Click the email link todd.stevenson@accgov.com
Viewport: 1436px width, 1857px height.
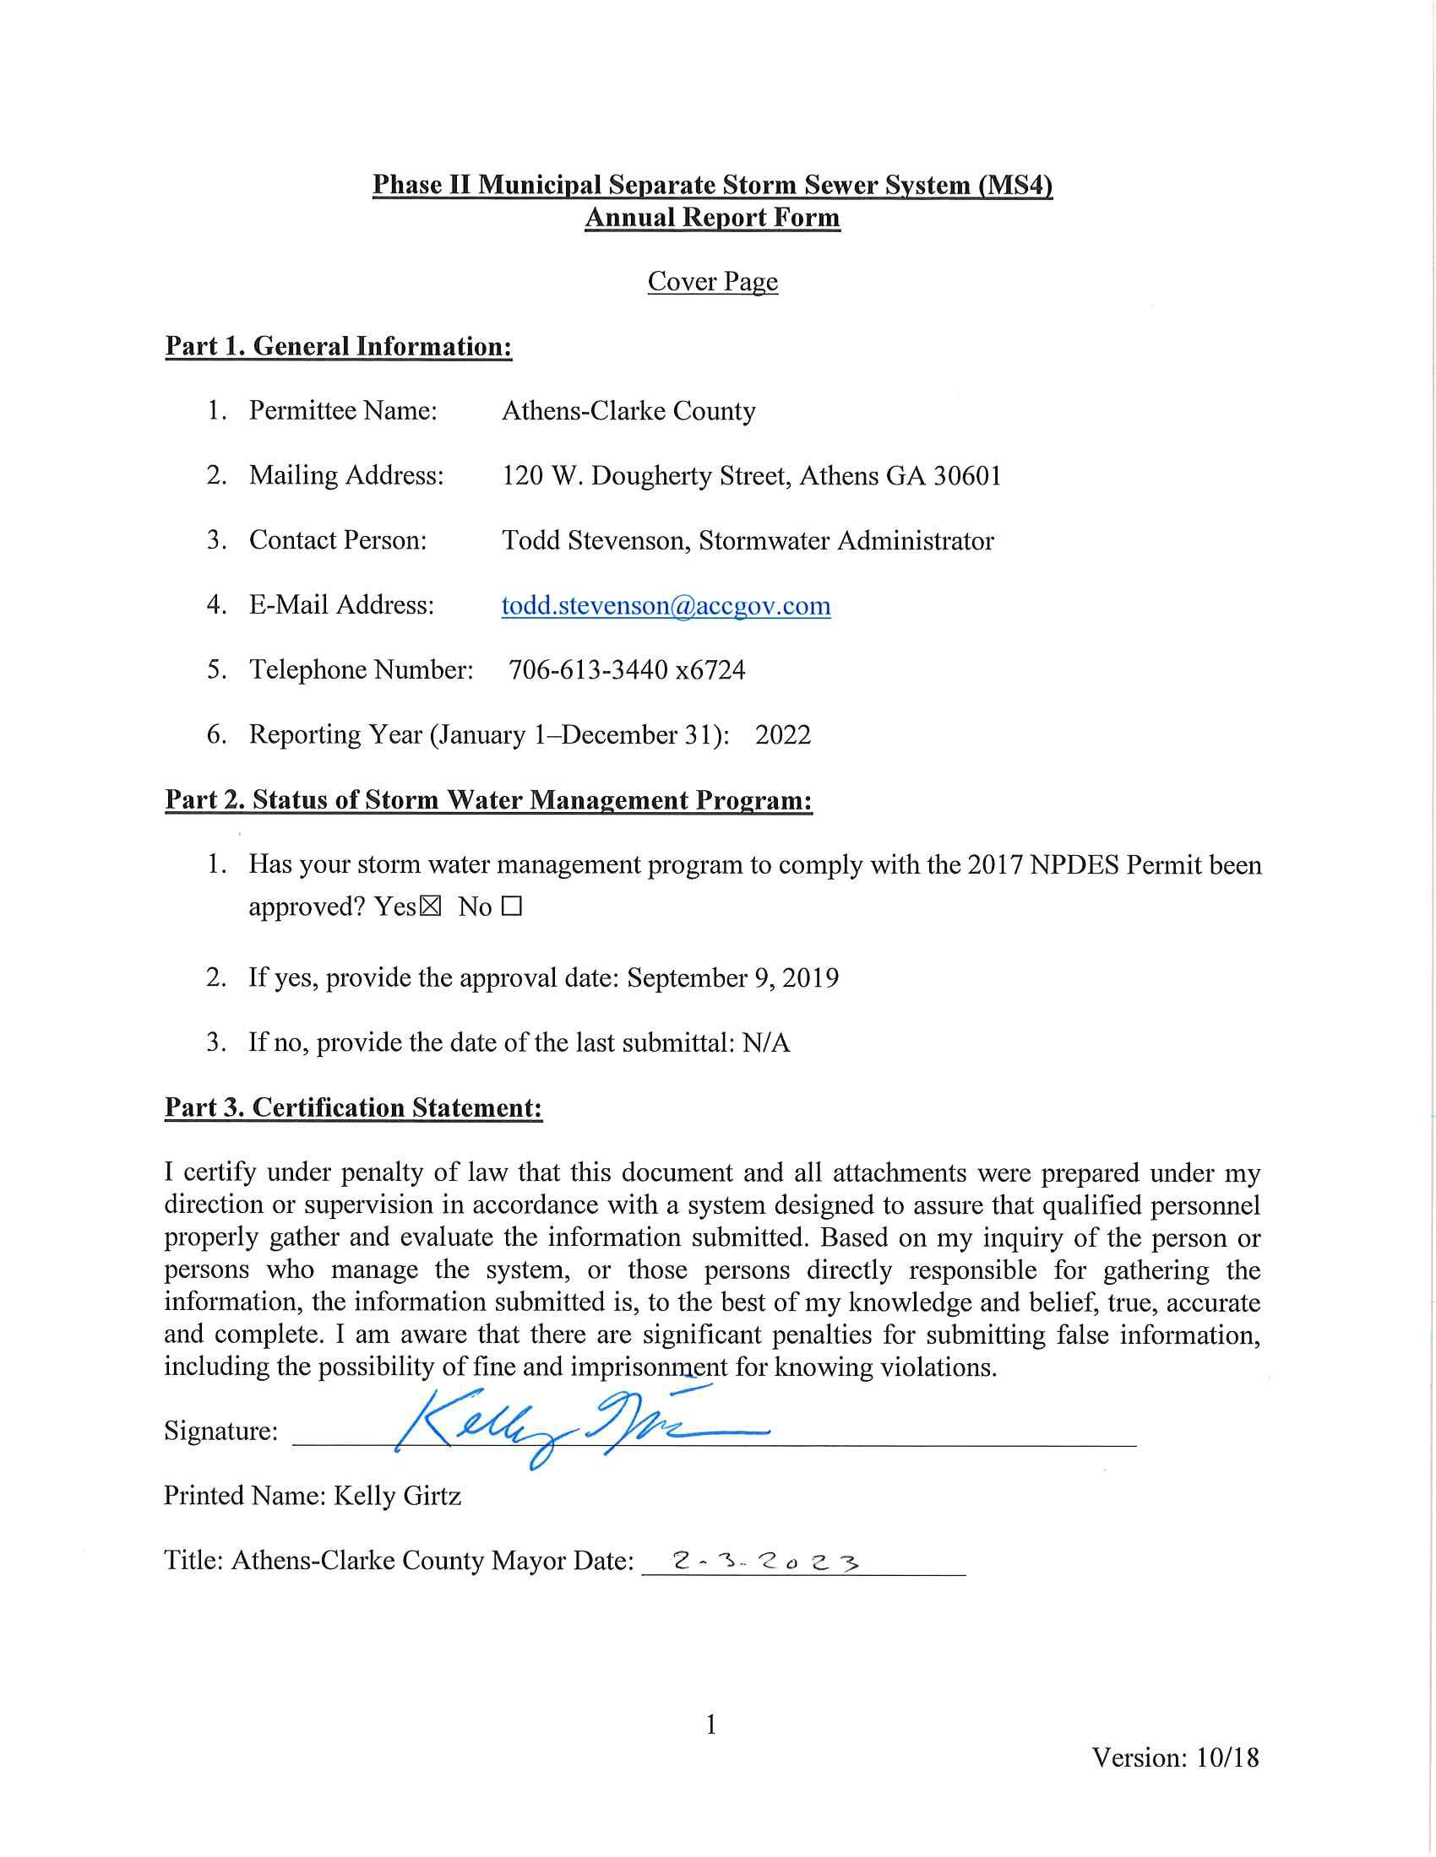coord(666,605)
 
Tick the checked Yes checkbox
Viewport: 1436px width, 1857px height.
coord(431,907)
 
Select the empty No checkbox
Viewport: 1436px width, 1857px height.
coord(511,907)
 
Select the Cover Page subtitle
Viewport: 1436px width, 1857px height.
coord(712,281)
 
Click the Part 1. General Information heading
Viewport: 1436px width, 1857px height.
coord(338,346)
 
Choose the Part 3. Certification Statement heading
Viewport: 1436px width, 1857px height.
coord(353,1107)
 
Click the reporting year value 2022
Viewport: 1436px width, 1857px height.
coord(783,734)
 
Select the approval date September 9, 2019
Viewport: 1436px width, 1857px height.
coord(732,977)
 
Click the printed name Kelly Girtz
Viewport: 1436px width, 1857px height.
coord(397,1496)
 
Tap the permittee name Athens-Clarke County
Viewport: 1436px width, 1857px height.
coord(628,411)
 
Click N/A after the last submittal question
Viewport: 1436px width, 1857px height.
coord(765,1042)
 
